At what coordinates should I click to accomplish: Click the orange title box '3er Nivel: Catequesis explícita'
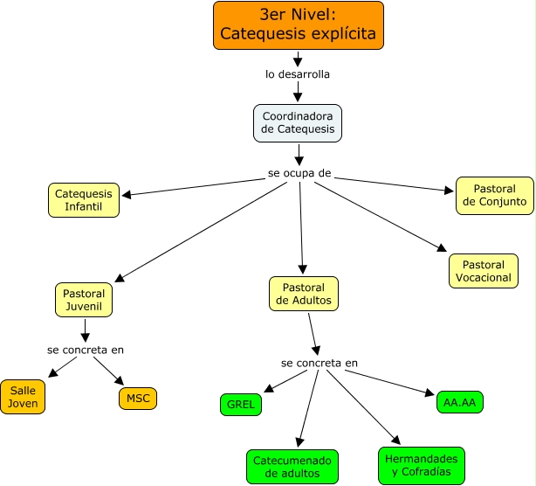click(298, 24)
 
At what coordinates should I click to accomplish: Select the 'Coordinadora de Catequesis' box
click(298, 123)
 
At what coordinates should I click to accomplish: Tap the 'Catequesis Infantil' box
click(84, 200)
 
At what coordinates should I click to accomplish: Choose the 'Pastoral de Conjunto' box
click(494, 195)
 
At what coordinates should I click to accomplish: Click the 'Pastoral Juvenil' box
click(85, 300)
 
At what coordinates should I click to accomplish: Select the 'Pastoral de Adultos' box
click(304, 294)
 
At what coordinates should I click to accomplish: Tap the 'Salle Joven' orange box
click(24, 397)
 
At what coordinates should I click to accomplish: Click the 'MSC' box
click(138, 398)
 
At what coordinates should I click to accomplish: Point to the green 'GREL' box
click(240, 405)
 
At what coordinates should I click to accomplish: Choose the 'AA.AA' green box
click(459, 401)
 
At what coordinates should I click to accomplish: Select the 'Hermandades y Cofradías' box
click(422, 465)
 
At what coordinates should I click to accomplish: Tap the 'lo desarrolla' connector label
click(298, 74)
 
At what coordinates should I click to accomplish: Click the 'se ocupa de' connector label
click(299, 173)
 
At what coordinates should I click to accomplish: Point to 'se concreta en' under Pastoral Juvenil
click(86, 350)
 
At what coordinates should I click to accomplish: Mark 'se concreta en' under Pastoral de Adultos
click(320, 363)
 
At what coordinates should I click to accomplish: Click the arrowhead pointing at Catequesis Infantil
click(127, 194)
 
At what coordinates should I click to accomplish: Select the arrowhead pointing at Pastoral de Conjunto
click(450, 189)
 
